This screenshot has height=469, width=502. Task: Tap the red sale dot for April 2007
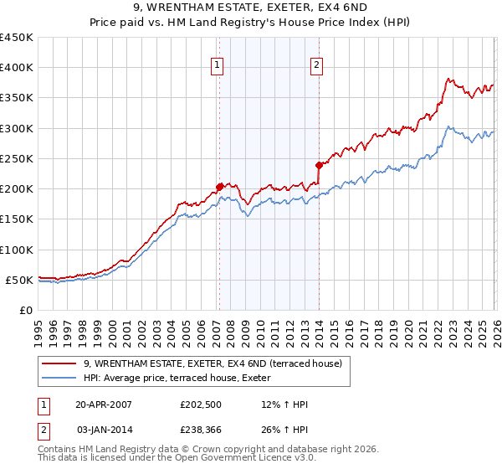point(219,187)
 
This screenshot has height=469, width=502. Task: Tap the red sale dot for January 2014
point(319,165)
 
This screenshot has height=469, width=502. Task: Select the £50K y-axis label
point(20,280)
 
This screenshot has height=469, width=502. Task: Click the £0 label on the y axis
point(27,310)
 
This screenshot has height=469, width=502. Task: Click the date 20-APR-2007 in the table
point(104,405)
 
